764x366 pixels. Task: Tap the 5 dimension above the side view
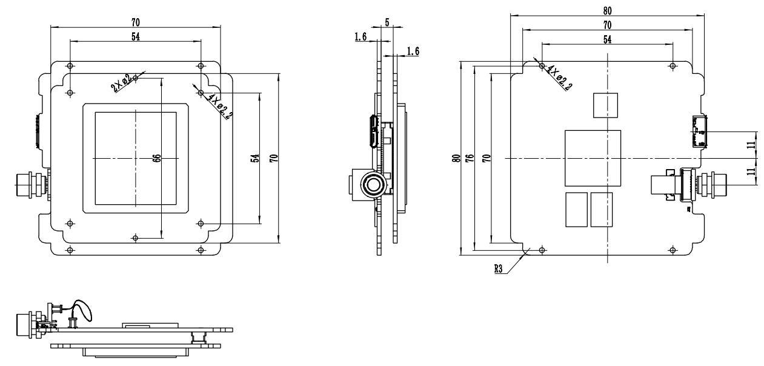tap(387, 22)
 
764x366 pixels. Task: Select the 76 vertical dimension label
tap(468, 158)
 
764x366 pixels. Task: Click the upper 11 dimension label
tap(749, 145)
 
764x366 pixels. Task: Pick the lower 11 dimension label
tap(749, 171)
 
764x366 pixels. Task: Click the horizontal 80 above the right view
tap(607, 11)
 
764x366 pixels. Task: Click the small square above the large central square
tap(606, 105)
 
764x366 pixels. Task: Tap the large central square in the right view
tap(593, 158)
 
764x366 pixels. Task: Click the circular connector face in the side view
tap(371, 184)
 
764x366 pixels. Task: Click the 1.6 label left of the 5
tap(360, 37)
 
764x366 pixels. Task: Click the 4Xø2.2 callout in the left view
tap(219, 107)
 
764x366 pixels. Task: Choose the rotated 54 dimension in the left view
tap(254, 158)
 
